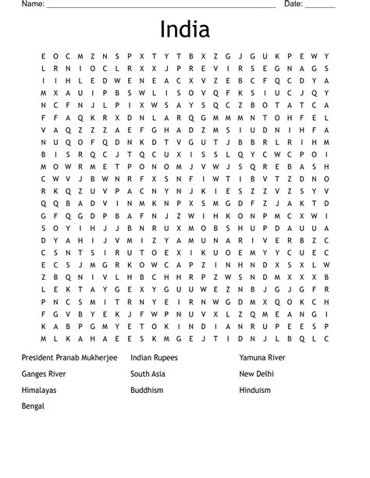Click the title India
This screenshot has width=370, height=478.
pyautogui.click(x=184, y=30)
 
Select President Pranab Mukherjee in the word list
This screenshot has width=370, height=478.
pyautogui.click(x=70, y=357)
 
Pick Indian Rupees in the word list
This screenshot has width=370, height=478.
pyautogui.click(x=155, y=357)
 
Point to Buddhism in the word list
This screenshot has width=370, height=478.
pyautogui.click(x=148, y=390)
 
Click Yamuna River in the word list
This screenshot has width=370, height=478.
pyautogui.click(x=263, y=357)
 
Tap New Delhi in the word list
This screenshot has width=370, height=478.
pyautogui.click(x=257, y=374)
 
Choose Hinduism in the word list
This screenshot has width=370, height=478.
pyautogui.click(x=255, y=390)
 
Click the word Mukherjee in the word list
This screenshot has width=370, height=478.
pyautogui.click(x=99, y=357)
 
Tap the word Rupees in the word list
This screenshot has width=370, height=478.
pyautogui.click(x=165, y=357)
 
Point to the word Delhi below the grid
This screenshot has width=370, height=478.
pyautogui.click(x=265, y=374)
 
